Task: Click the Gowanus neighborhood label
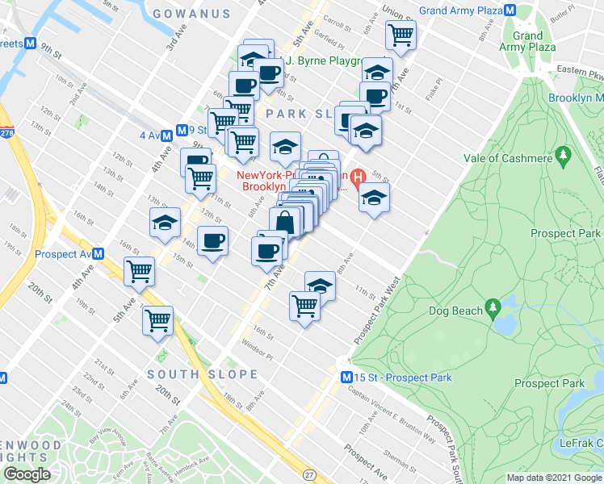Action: click(191, 15)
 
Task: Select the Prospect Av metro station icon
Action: click(99, 252)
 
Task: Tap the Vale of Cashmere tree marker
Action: click(564, 152)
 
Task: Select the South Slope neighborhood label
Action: click(203, 374)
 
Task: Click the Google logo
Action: click(27, 474)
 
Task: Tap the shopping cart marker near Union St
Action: click(401, 35)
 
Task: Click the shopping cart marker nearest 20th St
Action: click(157, 320)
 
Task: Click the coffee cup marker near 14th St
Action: click(212, 241)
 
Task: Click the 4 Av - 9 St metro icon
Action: click(182, 130)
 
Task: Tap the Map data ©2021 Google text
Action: click(554, 478)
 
